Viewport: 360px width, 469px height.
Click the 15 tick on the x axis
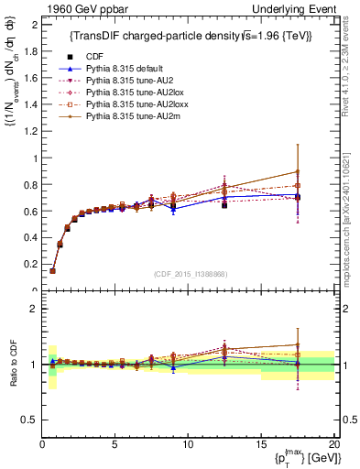[x=260, y=444]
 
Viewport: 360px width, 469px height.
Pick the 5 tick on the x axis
[x=115, y=444]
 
